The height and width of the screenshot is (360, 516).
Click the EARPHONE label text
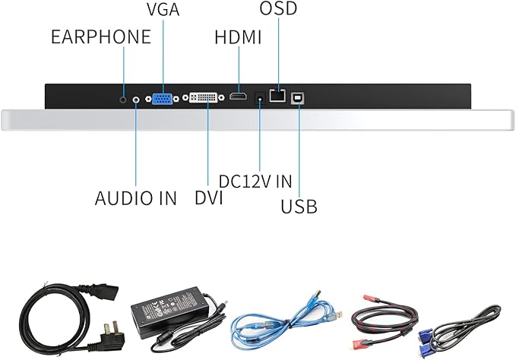[x=101, y=36]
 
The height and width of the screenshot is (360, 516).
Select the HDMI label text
[x=238, y=36]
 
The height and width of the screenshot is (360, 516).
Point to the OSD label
[x=278, y=10]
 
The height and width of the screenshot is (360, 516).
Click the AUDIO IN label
[x=135, y=198]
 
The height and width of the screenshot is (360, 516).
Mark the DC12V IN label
[x=255, y=182]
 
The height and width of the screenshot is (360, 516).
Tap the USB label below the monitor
[x=299, y=206]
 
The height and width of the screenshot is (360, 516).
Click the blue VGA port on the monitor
[x=162, y=97]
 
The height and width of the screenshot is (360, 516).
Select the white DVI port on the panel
[x=204, y=97]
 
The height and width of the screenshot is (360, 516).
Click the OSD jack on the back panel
[x=278, y=96]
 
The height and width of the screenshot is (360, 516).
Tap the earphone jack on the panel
[x=124, y=97]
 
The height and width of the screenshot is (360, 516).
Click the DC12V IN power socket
[x=260, y=96]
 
